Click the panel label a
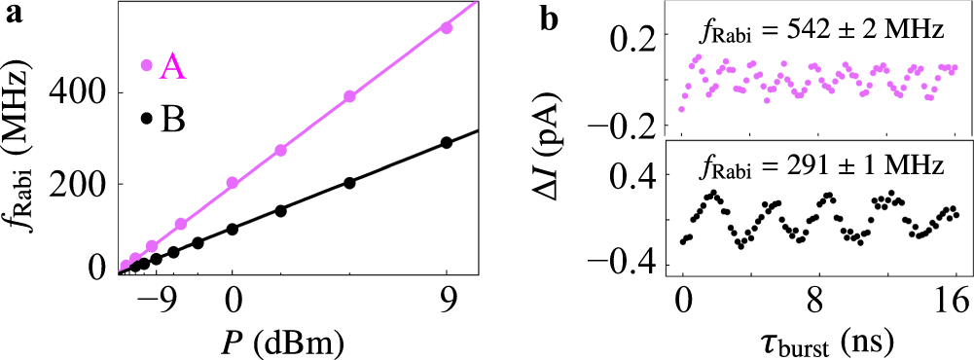[x=11, y=14]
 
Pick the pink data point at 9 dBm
[x=447, y=28]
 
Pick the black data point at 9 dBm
[x=447, y=142]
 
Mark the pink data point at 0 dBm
[x=233, y=183]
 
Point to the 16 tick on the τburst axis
[x=956, y=304]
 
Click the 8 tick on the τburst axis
[x=820, y=304]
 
